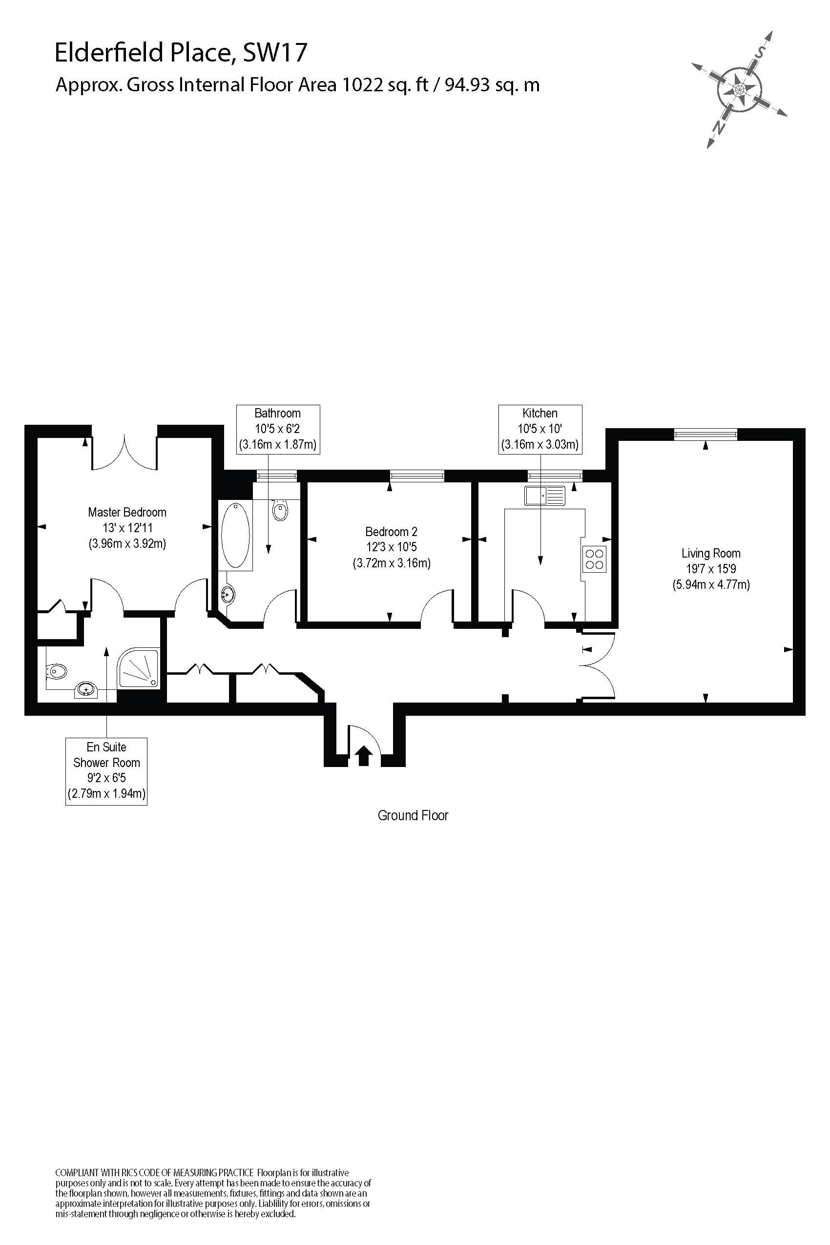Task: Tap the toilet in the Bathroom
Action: coord(280,511)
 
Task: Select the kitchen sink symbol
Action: coord(545,496)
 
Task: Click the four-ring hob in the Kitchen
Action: coord(594,559)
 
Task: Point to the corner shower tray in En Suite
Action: coord(139,668)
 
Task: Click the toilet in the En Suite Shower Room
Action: coord(57,672)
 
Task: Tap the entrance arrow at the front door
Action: coord(363,755)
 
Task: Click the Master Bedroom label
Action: coord(127,512)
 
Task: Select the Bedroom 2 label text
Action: coord(391,532)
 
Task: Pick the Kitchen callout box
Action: coord(540,429)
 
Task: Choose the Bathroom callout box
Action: coord(277,429)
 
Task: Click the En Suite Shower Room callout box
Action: coord(106,771)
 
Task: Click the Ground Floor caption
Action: coord(413,816)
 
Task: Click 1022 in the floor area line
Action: coord(363,84)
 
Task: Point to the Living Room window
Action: coord(705,435)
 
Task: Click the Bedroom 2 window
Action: coord(416,476)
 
